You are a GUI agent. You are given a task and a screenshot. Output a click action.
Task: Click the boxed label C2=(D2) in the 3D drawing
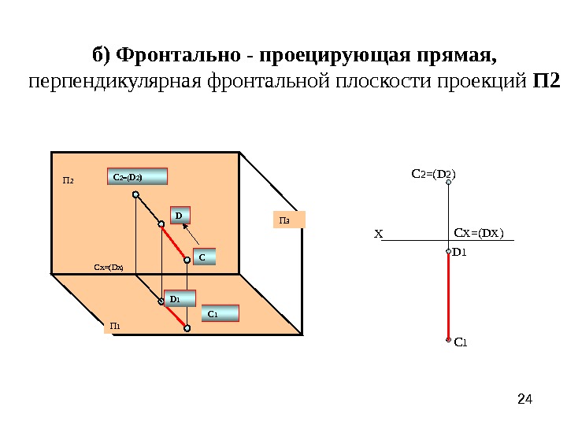(x=137, y=176)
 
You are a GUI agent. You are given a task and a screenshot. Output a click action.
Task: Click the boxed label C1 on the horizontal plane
(x=219, y=314)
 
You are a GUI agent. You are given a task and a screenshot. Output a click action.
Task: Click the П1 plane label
(x=114, y=326)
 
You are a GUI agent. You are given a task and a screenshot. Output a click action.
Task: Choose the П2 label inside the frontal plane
(x=68, y=181)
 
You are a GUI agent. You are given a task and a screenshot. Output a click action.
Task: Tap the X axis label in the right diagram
(x=378, y=235)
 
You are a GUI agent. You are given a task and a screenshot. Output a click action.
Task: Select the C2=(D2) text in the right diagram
(x=435, y=171)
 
